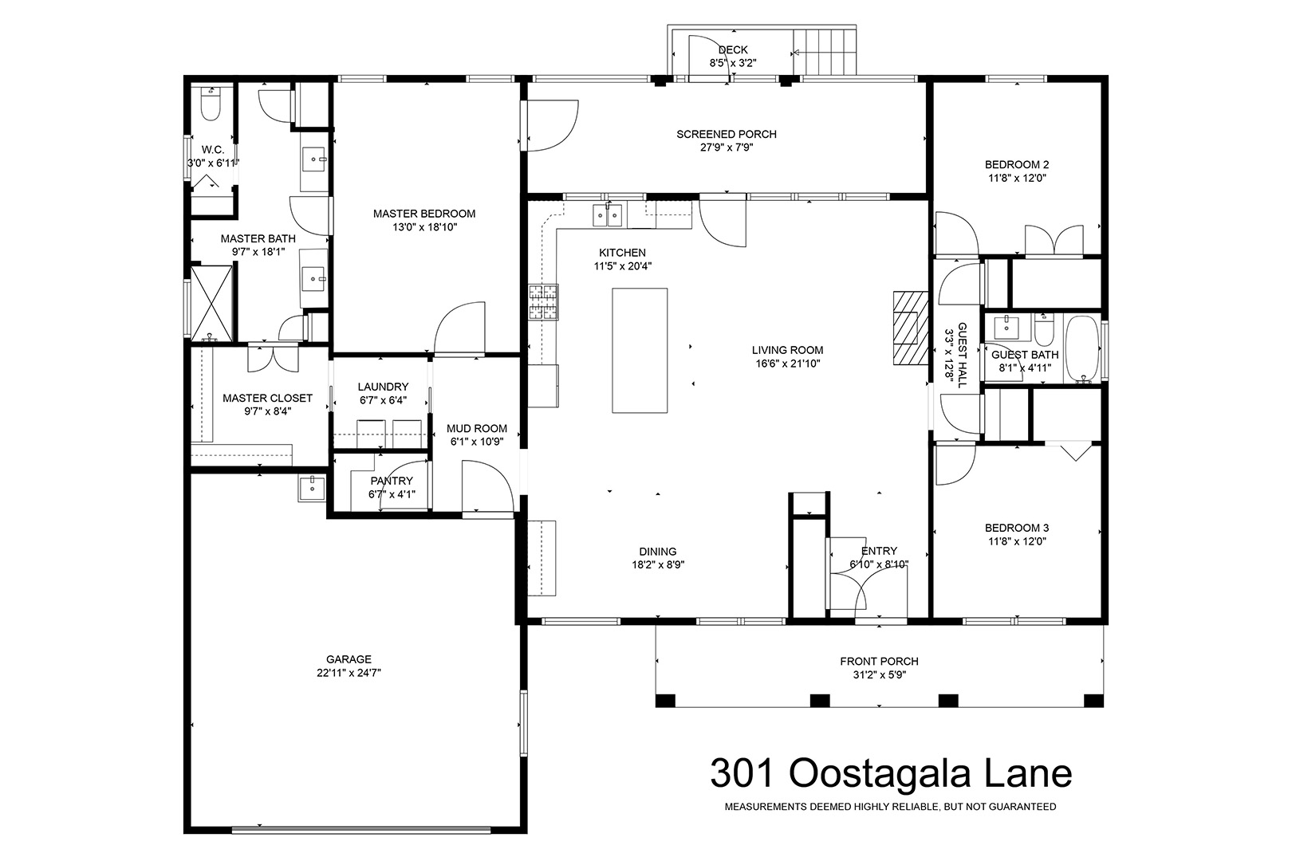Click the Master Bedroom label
pos(424,214)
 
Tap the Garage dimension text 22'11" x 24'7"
pos(349,673)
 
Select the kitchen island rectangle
pos(640,351)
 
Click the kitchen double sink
pos(608,216)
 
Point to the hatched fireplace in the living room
pos(910,328)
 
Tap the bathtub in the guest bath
pos(1082,349)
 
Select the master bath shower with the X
pos(211,303)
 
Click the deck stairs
pos(825,52)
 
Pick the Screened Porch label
pos(727,135)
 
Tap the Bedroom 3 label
pos(1017,528)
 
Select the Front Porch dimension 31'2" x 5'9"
pos(880,675)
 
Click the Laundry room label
pos(383,387)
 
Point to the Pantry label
pos(392,481)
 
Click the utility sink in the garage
pos(312,488)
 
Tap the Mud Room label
pos(477,428)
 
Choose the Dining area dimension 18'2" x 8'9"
pos(658,565)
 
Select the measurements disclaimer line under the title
pos(891,807)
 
